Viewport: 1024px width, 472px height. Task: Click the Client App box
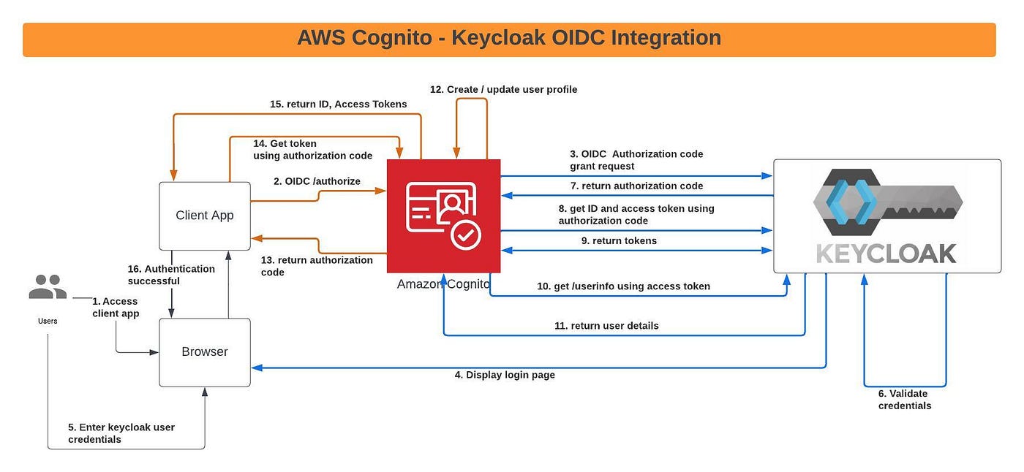tap(205, 216)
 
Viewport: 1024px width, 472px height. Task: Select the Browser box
tap(205, 352)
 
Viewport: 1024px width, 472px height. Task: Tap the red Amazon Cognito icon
tap(443, 216)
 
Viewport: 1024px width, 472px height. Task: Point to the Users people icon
tap(48, 287)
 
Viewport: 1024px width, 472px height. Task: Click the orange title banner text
tap(509, 38)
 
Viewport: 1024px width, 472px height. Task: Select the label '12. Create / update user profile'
tap(503, 89)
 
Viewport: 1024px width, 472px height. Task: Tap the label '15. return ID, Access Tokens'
tap(338, 104)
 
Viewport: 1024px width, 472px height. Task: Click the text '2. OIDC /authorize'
tap(317, 181)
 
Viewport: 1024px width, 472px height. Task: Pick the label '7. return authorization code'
tap(636, 186)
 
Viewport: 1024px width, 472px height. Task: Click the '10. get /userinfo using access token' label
tap(623, 286)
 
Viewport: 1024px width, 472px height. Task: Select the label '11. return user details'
tap(606, 326)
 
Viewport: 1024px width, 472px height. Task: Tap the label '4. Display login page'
tap(505, 375)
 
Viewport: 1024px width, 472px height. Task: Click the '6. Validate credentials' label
tap(904, 400)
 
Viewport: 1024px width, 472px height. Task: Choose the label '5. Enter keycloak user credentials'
tap(121, 433)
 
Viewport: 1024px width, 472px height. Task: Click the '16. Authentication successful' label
tap(171, 275)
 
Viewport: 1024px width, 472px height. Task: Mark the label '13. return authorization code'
tap(317, 266)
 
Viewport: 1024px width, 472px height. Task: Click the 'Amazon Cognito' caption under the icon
tap(443, 284)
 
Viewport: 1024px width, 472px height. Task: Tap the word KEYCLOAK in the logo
tap(886, 253)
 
